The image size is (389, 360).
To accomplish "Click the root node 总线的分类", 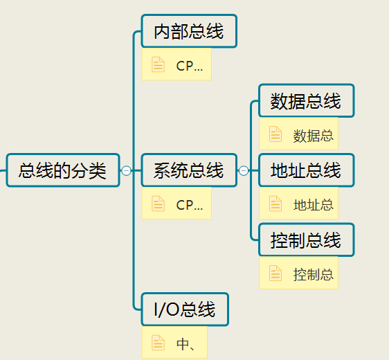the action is tap(63, 170).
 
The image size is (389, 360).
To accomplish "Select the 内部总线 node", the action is tap(189, 31).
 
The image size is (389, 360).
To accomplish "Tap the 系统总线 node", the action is tap(189, 170).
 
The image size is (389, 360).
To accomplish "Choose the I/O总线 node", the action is tap(185, 309).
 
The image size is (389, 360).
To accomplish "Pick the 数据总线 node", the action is tap(307, 100).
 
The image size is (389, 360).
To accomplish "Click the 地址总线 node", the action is tap(307, 170).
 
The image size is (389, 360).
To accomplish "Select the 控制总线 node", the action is tap(307, 240).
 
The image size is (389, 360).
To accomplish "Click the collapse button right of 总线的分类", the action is tap(126, 170).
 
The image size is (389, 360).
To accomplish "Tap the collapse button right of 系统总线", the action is tap(244, 170).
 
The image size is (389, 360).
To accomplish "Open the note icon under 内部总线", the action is tap(158, 64).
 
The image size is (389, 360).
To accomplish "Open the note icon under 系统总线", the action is tap(158, 204).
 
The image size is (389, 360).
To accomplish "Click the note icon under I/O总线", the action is tap(158, 343).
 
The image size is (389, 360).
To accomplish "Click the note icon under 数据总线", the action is tap(275, 134).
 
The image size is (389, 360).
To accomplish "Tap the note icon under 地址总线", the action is tap(275, 204).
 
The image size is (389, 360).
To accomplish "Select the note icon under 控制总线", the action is tap(275, 273).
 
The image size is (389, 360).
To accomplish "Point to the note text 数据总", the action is tap(314, 136).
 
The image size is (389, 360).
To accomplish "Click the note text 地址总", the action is tap(314, 205).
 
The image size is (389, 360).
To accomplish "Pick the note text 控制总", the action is tap(314, 275).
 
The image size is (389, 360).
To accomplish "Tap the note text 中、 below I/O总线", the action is tap(186, 344).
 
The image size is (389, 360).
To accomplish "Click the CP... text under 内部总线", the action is tap(189, 66).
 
